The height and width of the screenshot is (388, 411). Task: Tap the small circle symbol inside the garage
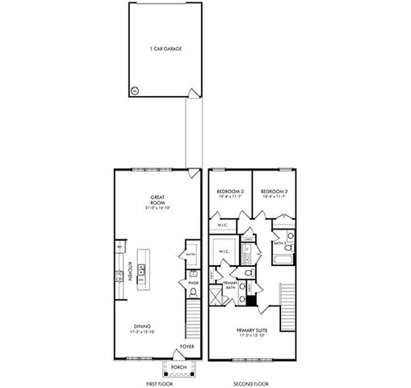[135, 90]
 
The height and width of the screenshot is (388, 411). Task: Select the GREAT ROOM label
[157, 200]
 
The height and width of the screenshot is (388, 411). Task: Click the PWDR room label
[193, 283]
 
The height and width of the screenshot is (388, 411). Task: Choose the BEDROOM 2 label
[272, 192]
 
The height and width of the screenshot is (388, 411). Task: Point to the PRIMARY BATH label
[230, 285]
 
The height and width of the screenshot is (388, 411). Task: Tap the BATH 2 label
[279, 242]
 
